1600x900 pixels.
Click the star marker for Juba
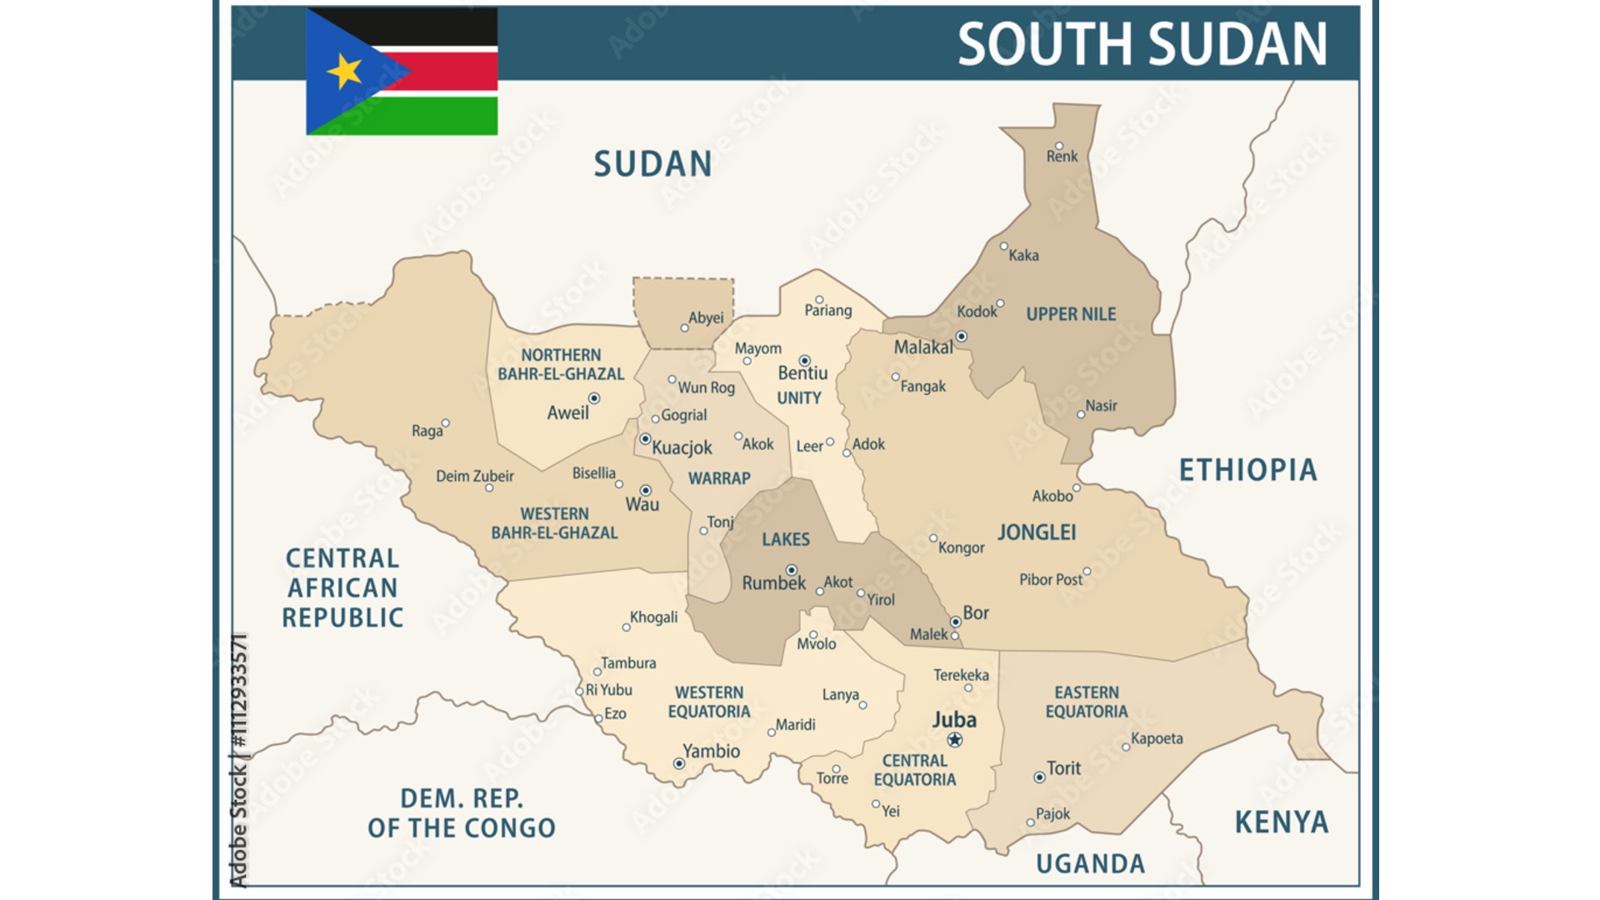tap(955, 740)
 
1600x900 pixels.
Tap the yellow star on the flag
tap(344, 71)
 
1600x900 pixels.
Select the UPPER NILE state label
tap(1071, 314)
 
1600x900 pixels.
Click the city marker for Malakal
tap(961, 337)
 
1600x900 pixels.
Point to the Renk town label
tap(1062, 157)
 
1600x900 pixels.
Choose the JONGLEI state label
tap(1037, 532)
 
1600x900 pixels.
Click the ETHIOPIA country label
tap(1247, 471)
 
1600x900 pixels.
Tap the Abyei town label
tap(706, 317)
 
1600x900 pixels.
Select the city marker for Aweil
tap(594, 398)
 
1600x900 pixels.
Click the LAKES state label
tap(785, 539)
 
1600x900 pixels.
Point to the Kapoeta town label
tap(1157, 738)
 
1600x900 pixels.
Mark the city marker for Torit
tap(1039, 777)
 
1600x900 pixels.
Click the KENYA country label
tap(1281, 822)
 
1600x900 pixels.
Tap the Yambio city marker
tap(679, 763)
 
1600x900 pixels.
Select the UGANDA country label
tap(1090, 864)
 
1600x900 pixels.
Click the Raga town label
tap(427, 431)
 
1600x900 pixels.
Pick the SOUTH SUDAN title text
tap(1142, 44)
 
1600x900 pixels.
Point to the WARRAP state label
tap(719, 478)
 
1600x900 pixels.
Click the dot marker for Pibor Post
tap(1087, 572)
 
